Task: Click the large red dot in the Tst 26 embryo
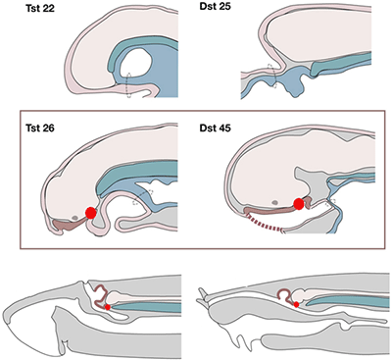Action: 90,212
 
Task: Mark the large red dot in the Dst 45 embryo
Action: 298,204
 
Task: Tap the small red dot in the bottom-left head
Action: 108,307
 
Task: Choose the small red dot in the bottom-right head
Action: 296,305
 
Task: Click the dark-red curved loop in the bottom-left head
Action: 100,291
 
